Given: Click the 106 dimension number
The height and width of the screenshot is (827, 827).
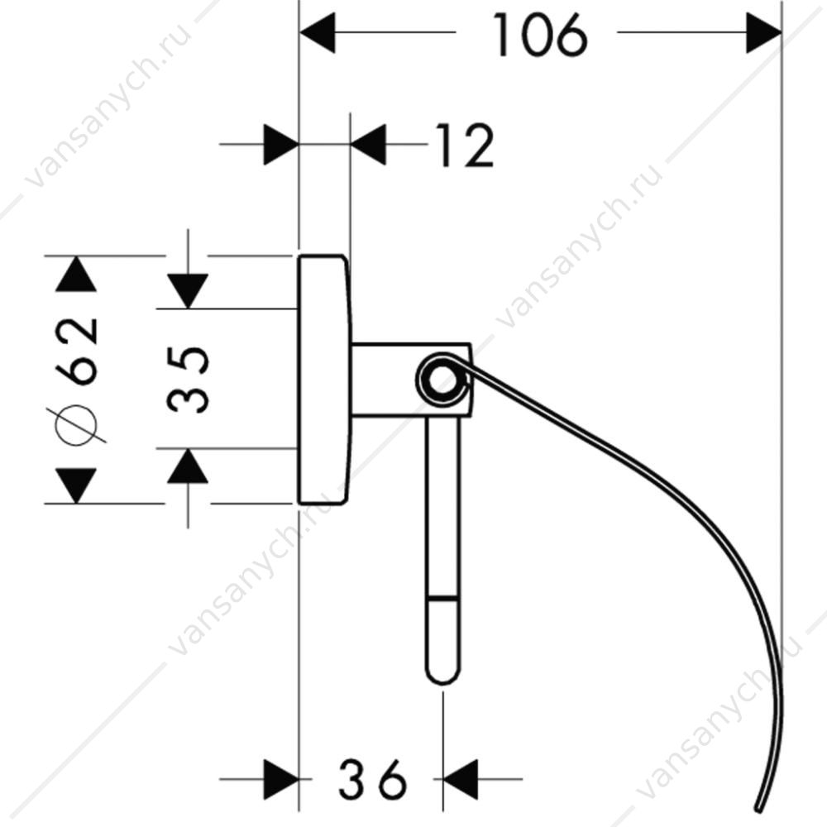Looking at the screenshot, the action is pos(540,36).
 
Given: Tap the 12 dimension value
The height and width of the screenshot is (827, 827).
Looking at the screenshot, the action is pos(465,146).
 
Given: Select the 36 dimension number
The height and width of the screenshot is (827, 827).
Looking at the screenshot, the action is pos(372,778).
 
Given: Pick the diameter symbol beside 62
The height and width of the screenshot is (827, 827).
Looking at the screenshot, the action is pos(77,424).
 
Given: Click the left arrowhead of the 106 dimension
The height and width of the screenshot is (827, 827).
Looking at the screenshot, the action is pos(318,33).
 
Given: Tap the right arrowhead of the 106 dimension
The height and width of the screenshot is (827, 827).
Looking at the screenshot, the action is pos(763,33).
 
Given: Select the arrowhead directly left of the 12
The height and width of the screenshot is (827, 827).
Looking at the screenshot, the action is pos(368,144).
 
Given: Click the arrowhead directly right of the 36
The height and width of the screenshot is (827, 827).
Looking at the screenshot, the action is pos(461,778).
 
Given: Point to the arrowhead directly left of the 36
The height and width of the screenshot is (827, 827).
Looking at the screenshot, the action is pos(281,778).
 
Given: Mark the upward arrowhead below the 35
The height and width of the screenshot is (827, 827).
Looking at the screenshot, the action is pos(188,466).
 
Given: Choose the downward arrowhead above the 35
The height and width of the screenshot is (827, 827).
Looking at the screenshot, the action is pos(188,291).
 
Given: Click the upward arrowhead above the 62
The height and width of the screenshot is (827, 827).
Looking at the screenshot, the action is pos(76,274).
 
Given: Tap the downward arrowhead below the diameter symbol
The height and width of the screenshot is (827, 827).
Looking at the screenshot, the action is pos(76,485).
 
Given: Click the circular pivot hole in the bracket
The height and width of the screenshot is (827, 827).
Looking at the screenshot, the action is pos(441,379).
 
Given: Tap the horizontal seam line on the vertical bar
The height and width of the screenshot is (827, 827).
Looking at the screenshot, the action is pos(443,598).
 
